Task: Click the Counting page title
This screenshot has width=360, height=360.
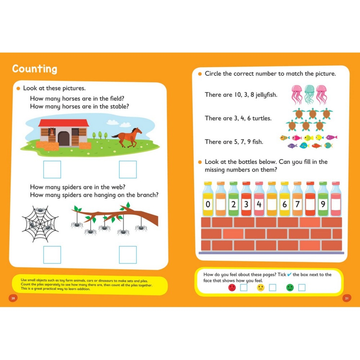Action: coord(34,69)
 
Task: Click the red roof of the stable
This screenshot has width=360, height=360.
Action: coord(64,123)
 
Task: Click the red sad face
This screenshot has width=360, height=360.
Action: coord(232,288)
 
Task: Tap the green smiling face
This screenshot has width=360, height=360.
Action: coord(290,288)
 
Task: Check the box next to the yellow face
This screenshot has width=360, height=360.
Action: coord(272,288)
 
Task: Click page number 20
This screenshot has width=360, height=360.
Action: coord(13,298)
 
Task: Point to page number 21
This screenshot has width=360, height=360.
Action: coord(346,298)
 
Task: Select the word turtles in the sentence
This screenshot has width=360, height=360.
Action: coord(262,118)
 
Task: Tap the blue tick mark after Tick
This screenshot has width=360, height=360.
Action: coord(289,274)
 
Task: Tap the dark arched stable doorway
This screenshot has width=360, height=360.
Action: coord(64,139)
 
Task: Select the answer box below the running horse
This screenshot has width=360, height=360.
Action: coord(128,169)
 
